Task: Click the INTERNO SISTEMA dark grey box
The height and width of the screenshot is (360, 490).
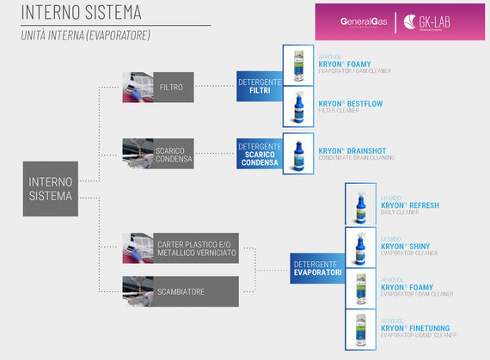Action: point(50,188)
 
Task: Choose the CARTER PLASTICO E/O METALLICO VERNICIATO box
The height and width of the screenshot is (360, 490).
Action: point(196,248)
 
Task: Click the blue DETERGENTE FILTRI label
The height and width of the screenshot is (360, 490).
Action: point(259,86)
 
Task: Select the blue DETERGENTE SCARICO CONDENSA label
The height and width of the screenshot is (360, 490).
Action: point(259,153)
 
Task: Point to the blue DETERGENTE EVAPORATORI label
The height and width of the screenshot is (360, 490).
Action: point(317,268)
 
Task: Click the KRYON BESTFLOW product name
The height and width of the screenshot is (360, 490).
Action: point(350,104)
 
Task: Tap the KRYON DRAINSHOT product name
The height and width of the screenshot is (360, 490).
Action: point(352,150)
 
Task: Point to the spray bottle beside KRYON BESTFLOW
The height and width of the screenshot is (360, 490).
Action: point(297,106)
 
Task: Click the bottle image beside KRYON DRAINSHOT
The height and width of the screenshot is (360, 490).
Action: point(297,153)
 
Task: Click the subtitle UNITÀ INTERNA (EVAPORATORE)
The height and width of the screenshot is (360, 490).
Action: point(86,35)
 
